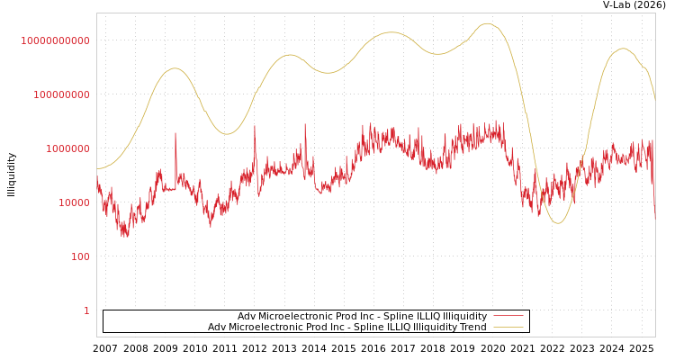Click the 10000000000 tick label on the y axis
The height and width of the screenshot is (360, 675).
point(55,40)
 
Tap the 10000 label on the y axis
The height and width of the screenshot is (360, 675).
point(73,202)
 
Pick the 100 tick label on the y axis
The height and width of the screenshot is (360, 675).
point(80,256)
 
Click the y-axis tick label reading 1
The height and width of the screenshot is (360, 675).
point(86,310)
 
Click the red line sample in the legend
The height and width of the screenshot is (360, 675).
point(508,317)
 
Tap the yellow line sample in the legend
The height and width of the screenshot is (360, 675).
point(508,328)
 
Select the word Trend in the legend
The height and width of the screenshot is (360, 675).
point(472,328)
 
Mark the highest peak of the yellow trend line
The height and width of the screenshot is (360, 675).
point(488,23)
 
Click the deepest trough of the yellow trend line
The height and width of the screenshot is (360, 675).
point(558,222)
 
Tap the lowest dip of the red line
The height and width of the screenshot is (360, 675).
point(124,235)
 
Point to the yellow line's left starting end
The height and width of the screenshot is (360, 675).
point(98,168)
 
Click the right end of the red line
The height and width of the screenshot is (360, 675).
point(654,218)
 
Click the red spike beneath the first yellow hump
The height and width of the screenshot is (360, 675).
point(175,134)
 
